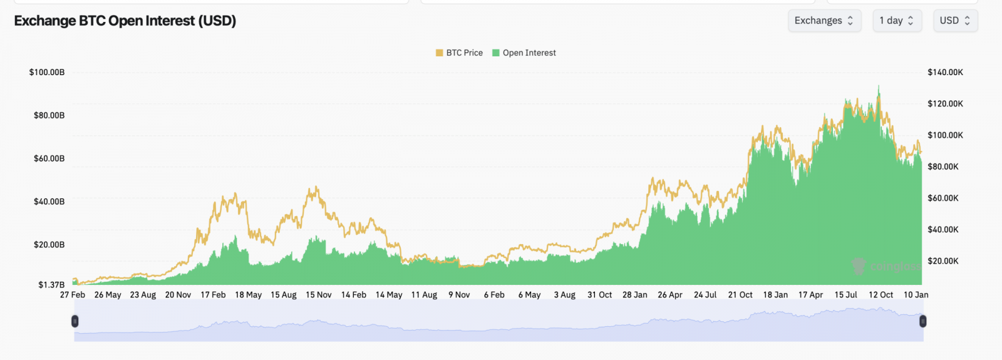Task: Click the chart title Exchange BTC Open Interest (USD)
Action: (125, 21)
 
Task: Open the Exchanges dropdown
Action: (824, 21)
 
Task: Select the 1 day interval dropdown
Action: (896, 21)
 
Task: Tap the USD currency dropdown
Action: (954, 21)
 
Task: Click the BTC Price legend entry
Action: (459, 53)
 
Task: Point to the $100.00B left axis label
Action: (47, 72)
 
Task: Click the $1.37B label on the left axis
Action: (51, 285)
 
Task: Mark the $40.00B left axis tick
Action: (49, 202)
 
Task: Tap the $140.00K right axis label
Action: (945, 72)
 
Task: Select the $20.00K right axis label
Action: (943, 261)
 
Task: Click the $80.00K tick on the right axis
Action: (943, 167)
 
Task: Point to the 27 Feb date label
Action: (73, 295)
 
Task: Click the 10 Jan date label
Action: (916, 295)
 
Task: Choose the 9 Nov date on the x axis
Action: (459, 295)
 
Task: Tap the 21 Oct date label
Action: (740, 295)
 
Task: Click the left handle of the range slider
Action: (75, 321)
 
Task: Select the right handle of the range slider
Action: (922, 321)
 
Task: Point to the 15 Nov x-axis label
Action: (319, 295)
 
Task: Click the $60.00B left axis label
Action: (49, 158)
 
